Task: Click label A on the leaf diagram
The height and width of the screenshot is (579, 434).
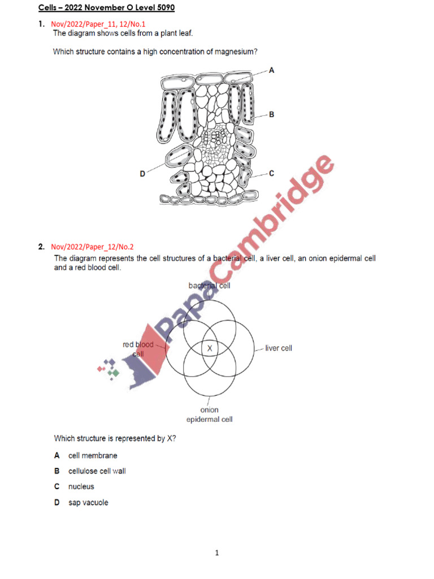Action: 271,71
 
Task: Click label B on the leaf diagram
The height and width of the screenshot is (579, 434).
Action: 271,114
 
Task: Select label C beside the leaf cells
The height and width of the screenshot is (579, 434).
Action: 271,174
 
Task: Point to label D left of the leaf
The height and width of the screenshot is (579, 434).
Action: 142,175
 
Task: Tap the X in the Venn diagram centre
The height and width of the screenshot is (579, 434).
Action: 210,348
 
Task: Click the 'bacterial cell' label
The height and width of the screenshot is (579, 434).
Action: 209,286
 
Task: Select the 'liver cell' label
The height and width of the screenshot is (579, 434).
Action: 279,348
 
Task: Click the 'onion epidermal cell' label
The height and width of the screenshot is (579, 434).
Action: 209,414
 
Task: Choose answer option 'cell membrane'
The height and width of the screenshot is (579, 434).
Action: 93,455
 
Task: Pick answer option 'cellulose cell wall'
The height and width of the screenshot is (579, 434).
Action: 97,471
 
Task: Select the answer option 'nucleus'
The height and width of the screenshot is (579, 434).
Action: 81,486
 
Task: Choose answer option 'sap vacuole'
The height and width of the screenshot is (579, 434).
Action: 88,502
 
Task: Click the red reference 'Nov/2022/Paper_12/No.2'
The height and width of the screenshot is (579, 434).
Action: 92,247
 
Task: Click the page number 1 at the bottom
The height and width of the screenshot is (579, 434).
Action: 217,553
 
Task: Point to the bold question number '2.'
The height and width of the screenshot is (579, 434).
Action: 41,247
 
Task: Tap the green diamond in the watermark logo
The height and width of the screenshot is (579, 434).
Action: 115,373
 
